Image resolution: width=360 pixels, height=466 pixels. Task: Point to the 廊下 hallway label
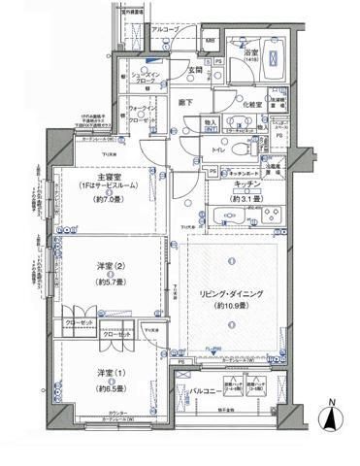pos(186,100)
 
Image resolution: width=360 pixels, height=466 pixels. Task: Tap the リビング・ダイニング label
pos(231,293)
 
